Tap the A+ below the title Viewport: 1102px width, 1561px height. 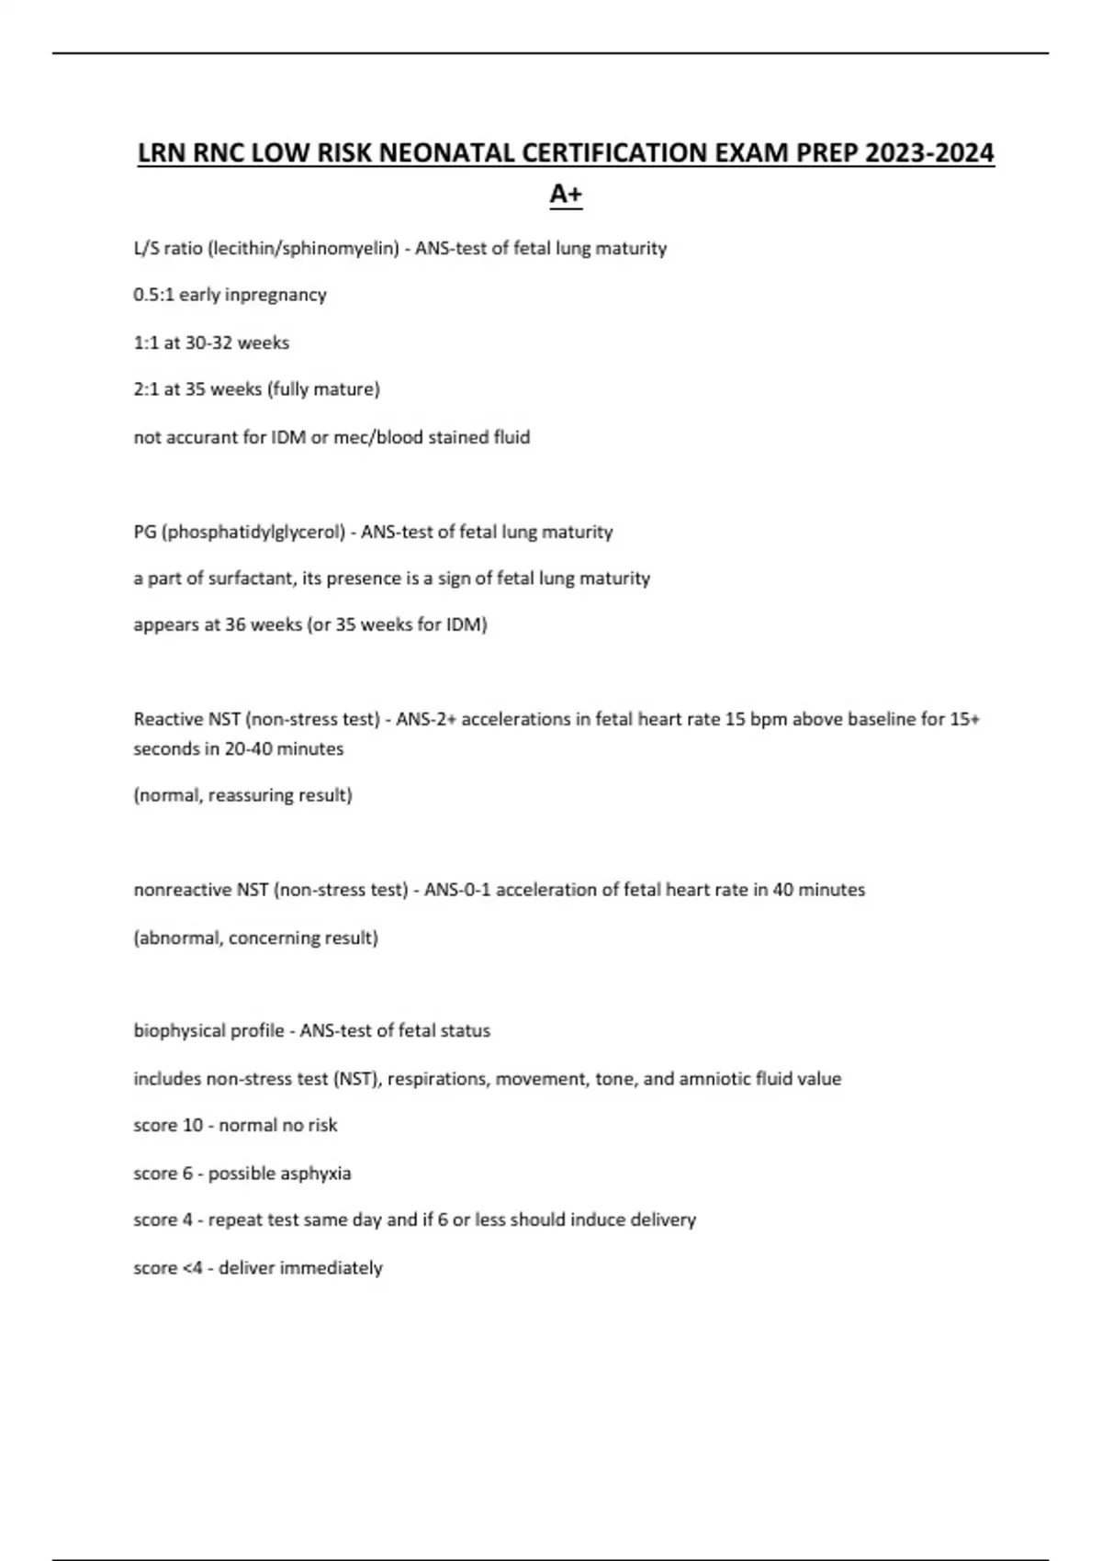coord(566,194)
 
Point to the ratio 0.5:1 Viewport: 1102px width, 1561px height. coord(153,295)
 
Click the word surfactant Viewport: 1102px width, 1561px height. coord(238,578)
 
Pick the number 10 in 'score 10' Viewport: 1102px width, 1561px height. coord(193,1126)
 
